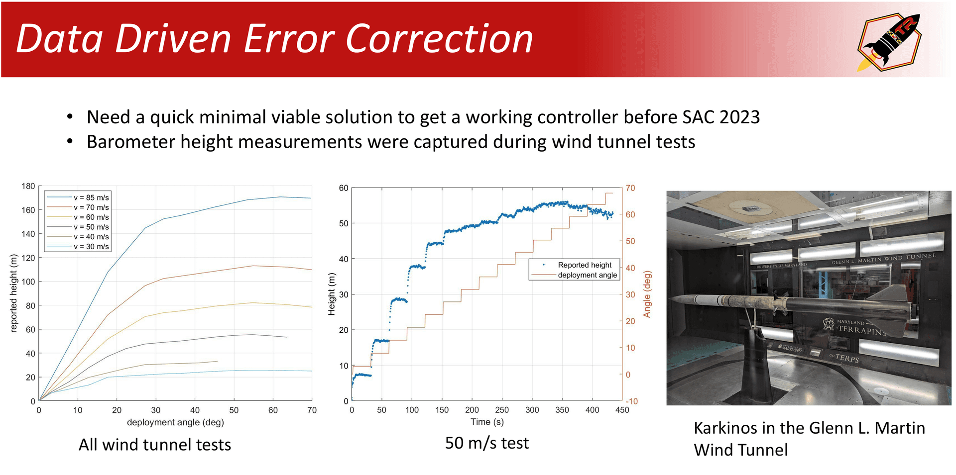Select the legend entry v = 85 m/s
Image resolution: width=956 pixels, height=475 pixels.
pyautogui.click(x=91, y=197)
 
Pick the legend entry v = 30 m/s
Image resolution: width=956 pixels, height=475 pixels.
pyautogui.click(x=91, y=246)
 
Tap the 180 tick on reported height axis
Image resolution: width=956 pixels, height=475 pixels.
pyautogui.click(x=28, y=186)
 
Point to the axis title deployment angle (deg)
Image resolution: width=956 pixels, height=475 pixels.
pyautogui.click(x=175, y=422)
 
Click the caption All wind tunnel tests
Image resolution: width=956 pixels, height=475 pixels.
pyautogui.click(x=155, y=444)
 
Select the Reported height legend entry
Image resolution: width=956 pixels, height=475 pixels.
pyautogui.click(x=585, y=265)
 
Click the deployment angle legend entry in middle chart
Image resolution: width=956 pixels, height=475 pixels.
pyautogui.click(x=587, y=275)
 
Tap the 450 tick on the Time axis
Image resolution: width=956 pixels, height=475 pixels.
pyautogui.click(x=622, y=410)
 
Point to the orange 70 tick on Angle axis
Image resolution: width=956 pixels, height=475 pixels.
pyautogui.click(x=630, y=188)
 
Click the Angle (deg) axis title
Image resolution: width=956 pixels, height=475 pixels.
pyautogui.click(x=647, y=294)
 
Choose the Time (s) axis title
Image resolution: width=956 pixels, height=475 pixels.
pyautogui.click(x=487, y=422)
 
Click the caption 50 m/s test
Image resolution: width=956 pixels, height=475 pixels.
pyautogui.click(x=486, y=443)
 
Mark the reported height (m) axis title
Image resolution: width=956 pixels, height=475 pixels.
pyautogui.click(x=14, y=293)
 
